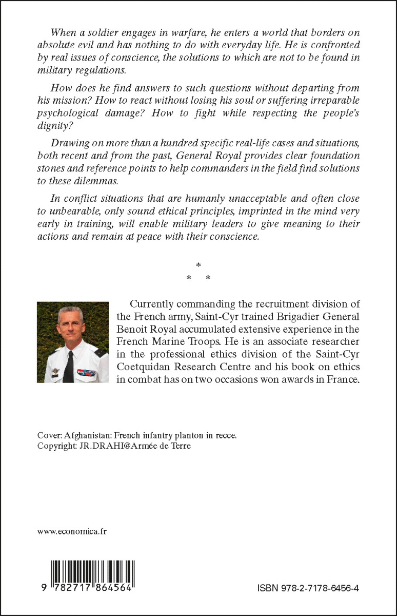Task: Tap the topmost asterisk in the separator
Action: pos(198,265)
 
